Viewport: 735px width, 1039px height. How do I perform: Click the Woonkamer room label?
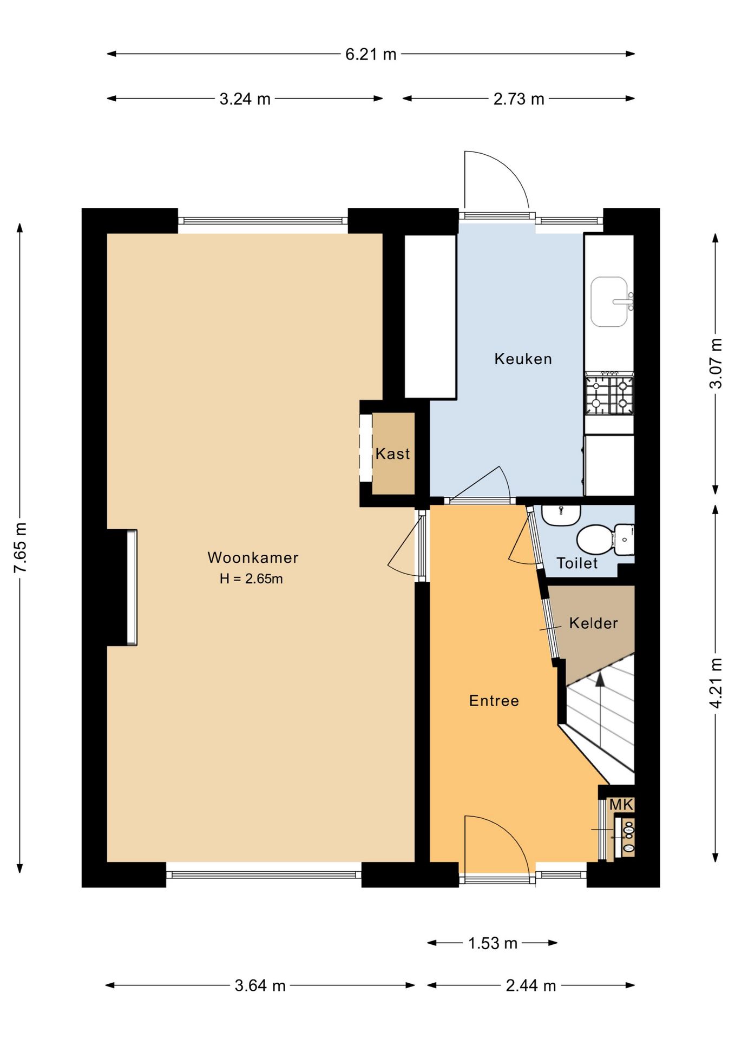pyautogui.click(x=253, y=557)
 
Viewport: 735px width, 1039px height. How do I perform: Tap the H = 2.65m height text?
pyautogui.click(x=251, y=578)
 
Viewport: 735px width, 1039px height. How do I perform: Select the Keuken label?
pyautogui.click(x=523, y=359)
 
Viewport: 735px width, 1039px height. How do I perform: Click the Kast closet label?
pyautogui.click(x=392, y=453)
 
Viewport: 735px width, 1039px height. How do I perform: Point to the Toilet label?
pyautogui.click(x=577, y=563)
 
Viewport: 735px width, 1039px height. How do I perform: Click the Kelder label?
pyautogui.click(x=593, y=623)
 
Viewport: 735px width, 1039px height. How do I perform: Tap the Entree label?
pyautogui.click(x=494, y=701)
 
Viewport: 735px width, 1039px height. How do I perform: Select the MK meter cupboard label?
pyautogui.click(x=621, y=805)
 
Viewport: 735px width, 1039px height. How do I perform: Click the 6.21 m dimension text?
pyautogui.click(x=371, y=54)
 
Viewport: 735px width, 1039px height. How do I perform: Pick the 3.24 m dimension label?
pyautogui.click(x=245, y=99)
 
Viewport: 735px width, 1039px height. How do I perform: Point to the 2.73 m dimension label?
pyautogui.click(x=519, y=99)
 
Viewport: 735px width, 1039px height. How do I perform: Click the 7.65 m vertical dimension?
pyautogui.click(x=20, y=548)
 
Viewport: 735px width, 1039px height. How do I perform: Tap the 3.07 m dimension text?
pyautogui.click(x=716, y=363)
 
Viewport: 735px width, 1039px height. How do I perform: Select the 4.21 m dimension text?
pyautogui.click(x=716, y=683)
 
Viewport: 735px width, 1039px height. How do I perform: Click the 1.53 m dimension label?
pyautogui.click(x=493, y=943)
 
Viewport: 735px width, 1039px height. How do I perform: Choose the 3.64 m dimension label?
pyautogui.click(x=260, y=985)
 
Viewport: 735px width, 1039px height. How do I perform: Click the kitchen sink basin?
pyautogui.click(x=609, y=302)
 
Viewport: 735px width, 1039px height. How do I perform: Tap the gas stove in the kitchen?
pyautogui.click(x=609, y=394)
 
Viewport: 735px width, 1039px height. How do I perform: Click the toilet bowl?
pyautogui.click(x=595, y=539)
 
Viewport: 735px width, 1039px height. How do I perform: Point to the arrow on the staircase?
pyautogui.click(x=600, y=709)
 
